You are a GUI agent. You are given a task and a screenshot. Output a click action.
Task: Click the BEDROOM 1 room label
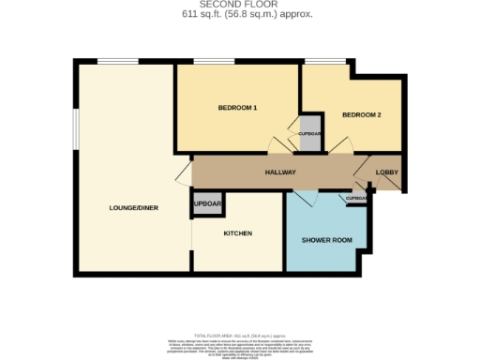pyautogui.click(x=237, y=108)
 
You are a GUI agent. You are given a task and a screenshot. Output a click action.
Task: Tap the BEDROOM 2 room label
pyautogui.click(x=361, y=115)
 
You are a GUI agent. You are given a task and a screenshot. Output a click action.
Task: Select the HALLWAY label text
pyautogui.click(x=280, y=172)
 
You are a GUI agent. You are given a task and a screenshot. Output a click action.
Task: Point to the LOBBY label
pyautogui.click(x=387, y=172)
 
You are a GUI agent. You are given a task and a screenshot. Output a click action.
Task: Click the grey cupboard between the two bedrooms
pyautogui.click(x=309, y=133)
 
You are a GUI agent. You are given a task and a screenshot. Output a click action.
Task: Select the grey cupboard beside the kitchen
pyautogui.click(x=206, y=204)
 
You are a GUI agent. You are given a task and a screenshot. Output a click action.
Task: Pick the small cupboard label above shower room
pyautogui.click(x=357, y=199)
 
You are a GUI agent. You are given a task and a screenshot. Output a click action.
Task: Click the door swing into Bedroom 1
pyautogui.click(x=277, y=146)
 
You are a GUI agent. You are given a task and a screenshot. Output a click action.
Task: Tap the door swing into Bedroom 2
pyautogui.click(x=344, y=146)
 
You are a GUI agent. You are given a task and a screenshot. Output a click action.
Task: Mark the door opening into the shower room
pyautogui.click(x=307, y=198)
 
